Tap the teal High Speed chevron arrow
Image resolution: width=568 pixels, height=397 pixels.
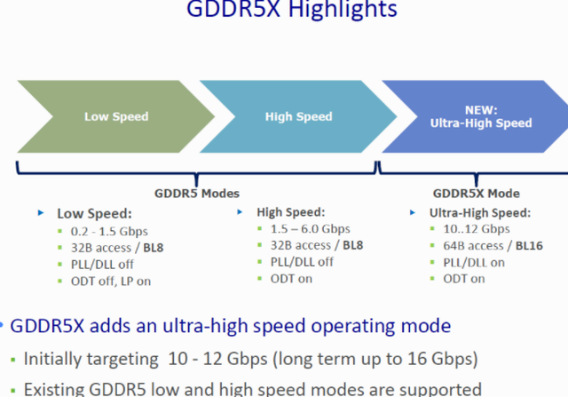(x=298, y=116)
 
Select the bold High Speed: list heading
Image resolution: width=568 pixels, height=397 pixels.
(x=291, y=212)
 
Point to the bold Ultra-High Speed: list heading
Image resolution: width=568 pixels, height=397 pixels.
(x=480, y=212)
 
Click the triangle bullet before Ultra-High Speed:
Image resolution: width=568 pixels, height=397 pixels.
(x=414, y=213)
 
